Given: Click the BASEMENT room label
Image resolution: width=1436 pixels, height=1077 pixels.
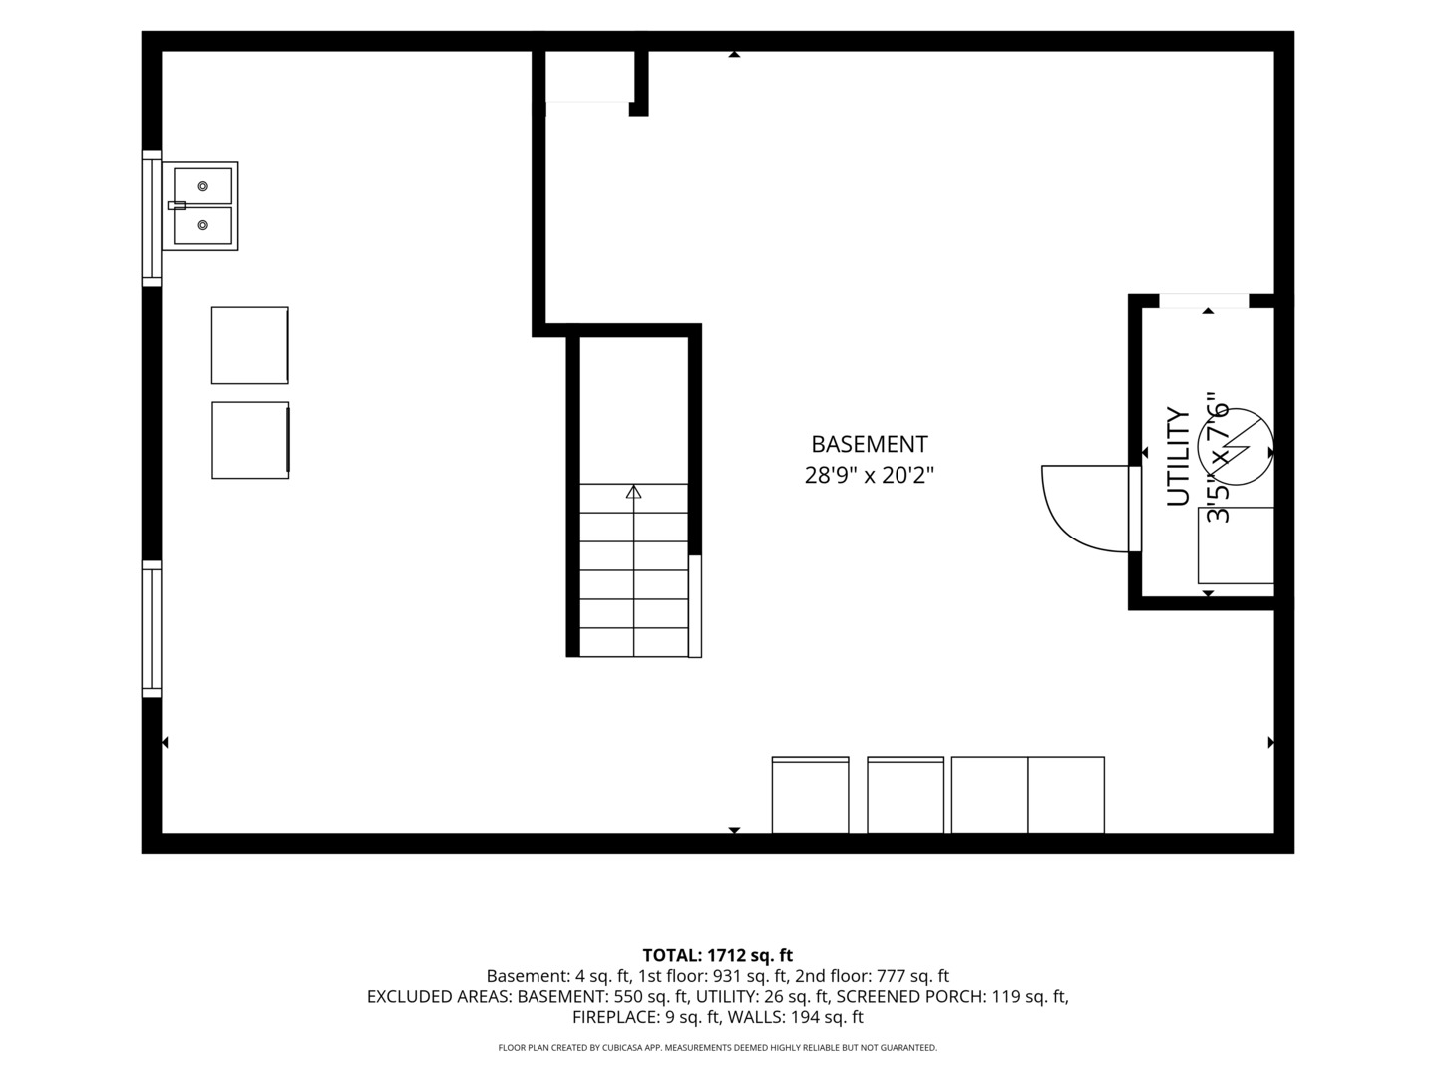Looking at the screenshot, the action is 869,444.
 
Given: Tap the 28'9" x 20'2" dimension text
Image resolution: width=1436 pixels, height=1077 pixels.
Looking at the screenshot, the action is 869,475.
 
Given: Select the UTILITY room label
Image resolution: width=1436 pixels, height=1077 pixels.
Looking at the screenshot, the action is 1179,457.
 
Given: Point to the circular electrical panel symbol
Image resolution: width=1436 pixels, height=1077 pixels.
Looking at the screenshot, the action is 1236,447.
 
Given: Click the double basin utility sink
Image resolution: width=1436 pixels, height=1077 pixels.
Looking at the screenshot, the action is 199,206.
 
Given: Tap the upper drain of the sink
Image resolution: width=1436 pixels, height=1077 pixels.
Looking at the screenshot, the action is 202,186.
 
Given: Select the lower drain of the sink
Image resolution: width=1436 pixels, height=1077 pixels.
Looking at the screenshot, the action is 202,225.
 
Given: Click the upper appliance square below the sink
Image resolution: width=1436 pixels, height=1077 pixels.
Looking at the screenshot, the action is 250,345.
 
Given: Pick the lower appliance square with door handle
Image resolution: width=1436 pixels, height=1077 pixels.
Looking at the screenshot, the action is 250,440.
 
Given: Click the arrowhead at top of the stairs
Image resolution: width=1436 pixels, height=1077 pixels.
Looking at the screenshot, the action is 633,491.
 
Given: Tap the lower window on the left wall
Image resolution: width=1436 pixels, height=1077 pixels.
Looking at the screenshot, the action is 152,629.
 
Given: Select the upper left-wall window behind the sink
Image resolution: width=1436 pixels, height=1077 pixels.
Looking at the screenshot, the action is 152,218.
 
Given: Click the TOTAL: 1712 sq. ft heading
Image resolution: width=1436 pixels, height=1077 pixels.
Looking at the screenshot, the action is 718,956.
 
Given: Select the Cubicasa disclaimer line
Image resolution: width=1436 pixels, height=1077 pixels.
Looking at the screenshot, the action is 718,1047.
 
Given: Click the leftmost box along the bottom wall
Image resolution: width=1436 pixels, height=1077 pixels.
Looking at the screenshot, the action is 810,795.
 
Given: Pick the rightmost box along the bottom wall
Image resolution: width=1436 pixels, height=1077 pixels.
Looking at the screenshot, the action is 1066,795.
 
